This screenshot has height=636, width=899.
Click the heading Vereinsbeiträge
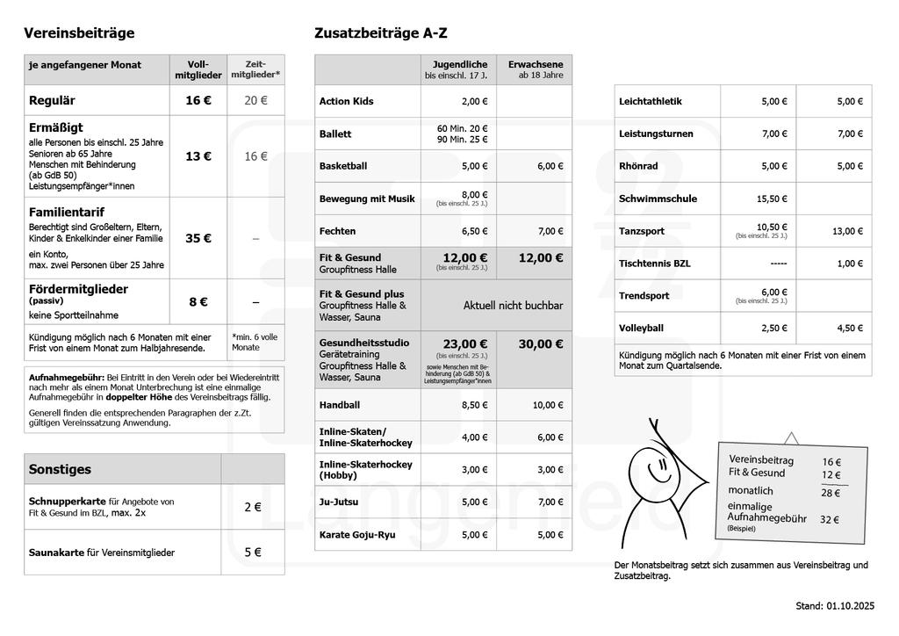79,33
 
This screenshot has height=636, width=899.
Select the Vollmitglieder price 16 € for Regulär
198,100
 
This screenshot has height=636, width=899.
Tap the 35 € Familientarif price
198,238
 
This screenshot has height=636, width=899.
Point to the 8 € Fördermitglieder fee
198,302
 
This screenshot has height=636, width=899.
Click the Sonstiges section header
60,469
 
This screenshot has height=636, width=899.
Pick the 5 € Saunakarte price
253,553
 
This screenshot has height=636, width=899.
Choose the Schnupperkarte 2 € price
253,507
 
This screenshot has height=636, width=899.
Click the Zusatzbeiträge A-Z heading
380,33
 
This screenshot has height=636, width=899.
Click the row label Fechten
338,231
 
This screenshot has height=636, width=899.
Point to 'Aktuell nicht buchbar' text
514,306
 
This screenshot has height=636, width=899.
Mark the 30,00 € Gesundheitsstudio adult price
541,344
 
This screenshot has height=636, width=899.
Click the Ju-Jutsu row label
338,502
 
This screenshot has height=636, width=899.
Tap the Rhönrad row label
638,166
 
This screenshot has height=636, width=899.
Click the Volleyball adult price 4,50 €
850,329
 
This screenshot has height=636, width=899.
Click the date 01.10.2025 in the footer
850,606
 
